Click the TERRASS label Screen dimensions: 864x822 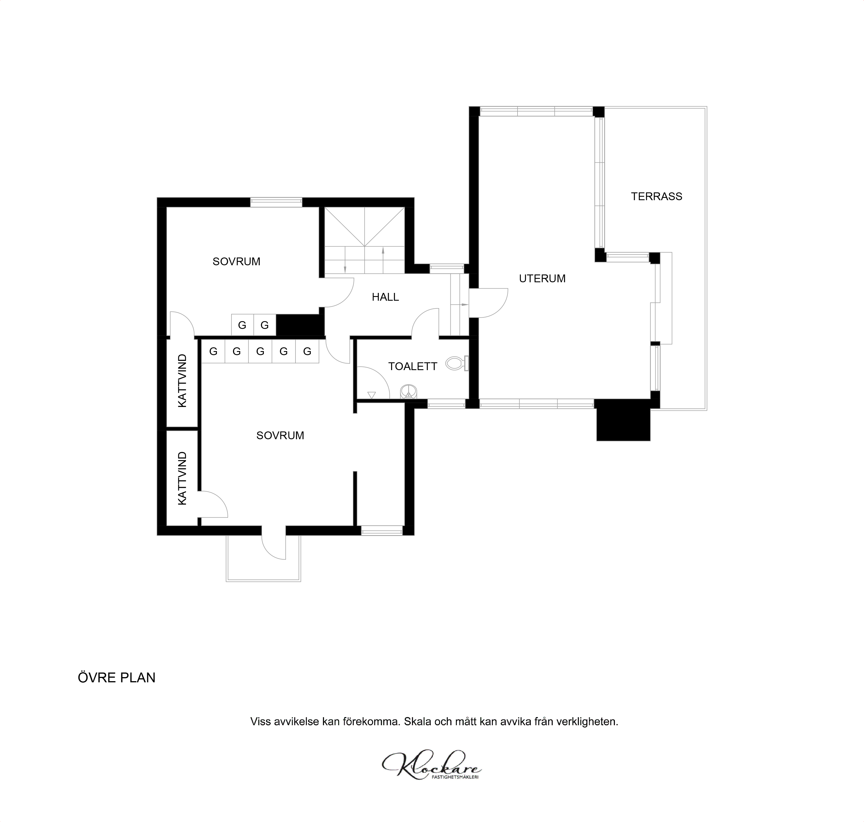pos(656,196)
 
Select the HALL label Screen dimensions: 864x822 pos(385,297)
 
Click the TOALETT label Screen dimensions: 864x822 pos(413,366)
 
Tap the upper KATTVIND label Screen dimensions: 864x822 pos(182,381)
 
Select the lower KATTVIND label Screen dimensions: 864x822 pos(182,478)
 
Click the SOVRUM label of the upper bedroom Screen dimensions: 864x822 pos(236,262)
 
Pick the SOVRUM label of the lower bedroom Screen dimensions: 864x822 pos(280,435)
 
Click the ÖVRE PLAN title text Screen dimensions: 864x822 pos(117,677)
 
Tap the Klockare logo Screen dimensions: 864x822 pos(431,778)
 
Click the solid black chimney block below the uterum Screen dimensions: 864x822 pos(623,421)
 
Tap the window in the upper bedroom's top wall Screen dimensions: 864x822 pos(276,202)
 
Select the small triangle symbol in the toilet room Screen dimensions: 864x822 pos(372,395)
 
